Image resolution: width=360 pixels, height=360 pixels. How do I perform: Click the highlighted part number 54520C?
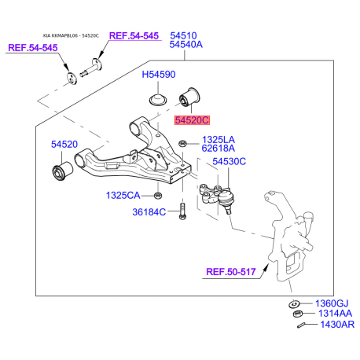click(x=192, y=120)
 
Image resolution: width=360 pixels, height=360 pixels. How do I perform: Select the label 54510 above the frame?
click(x=183, y=35)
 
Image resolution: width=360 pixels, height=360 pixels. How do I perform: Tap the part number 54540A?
click(x=186, y=45)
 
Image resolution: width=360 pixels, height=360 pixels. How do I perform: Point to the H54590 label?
click(x=159, y=75)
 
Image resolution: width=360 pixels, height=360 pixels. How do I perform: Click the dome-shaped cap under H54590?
click(x=158, y=100)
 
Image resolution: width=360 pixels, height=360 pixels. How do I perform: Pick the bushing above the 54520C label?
click(x=189, y=97)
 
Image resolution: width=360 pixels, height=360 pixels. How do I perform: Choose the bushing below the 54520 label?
click(x=62, y=171)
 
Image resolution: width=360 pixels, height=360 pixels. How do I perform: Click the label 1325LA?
click(x=219, y=140)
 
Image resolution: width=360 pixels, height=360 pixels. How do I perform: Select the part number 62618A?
click(x=219, y=149)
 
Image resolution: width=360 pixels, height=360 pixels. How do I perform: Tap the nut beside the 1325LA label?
click(x=182, y=144)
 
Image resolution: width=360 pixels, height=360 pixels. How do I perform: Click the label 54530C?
click(x=230, y=161)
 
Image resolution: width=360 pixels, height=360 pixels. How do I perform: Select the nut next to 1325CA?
click(x=157, y=195)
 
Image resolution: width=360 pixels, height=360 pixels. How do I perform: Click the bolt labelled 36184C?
click(x=182, y=211)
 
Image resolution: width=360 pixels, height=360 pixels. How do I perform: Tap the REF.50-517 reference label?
click(x=231, y=272)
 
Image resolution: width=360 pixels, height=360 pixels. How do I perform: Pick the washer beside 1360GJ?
click(x=295, y=304)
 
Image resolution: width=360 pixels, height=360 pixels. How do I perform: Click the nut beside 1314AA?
click(x=297, y=314)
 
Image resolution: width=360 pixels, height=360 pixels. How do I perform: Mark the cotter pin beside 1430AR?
click(x=301, y=325)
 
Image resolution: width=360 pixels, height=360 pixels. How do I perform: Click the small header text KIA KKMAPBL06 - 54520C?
click(x=71, y=35)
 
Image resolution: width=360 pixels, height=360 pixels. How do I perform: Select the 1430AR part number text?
click(x=337, y=325)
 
